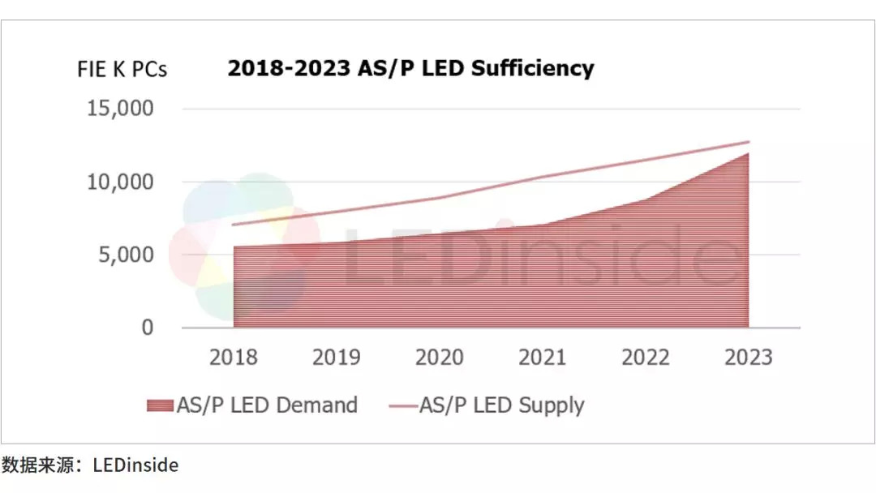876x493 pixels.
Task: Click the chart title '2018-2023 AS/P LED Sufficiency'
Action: tap(410, 68)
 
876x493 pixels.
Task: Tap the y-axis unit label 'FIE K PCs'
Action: tap(122, 70)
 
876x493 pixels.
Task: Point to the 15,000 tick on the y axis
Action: tap(120, 109)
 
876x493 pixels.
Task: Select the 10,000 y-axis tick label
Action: tap(120, 182)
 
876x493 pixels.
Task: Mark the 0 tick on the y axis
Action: tap(148, 328)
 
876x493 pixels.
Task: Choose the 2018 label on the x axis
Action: tap(234, 358)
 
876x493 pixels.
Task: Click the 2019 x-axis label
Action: tap(337, 358)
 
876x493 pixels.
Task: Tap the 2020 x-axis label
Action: tap(440, 358)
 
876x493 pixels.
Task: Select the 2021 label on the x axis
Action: tap(543, 358)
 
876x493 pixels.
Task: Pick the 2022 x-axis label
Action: tap(646, 358)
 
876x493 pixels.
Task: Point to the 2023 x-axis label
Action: tap(749, 358)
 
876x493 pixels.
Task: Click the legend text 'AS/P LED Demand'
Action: tap(267, 405)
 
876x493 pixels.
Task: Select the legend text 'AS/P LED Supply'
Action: tap(501, 405)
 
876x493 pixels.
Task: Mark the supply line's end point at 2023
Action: tap(749, 142)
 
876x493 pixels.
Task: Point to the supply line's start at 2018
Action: tap(234, 225)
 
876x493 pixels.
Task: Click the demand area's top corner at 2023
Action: tap(748, 153)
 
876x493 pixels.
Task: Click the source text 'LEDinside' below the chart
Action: tap(135, 465)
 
